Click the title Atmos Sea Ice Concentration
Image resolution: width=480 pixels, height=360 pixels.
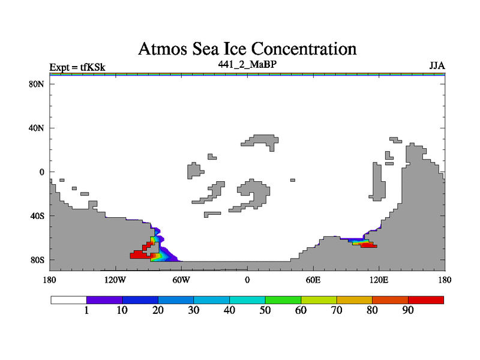tap(247, 48)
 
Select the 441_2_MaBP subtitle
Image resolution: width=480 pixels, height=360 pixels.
tap(247, 63)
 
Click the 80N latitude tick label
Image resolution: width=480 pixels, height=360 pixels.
tap(37, 84)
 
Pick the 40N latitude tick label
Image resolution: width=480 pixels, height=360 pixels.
tap(37, 128)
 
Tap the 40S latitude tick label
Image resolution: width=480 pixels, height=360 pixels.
tap(37, 215)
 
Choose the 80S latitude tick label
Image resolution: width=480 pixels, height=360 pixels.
tap(37, 260)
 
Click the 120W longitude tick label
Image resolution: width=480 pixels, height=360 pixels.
tap(115, 280)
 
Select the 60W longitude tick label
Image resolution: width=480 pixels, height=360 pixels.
tap(181, 280)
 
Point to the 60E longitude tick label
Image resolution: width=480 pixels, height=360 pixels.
tap(313, 280)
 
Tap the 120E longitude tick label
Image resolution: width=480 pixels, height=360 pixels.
tap(379, 280)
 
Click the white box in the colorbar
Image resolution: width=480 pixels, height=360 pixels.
tap(68, 299)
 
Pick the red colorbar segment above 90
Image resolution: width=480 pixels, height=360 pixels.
tap(426, 299)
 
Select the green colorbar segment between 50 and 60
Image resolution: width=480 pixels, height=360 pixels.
tap(283, 299)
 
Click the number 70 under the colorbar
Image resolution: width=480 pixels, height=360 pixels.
tap(337, 311)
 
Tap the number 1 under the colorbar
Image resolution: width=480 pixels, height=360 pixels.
tap(87, 311)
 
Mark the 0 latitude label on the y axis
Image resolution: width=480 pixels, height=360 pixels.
tap(42, 172)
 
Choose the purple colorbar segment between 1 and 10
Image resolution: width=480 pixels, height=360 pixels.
tap(104, 299)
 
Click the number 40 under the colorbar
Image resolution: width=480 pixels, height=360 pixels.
tap(229, 311)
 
